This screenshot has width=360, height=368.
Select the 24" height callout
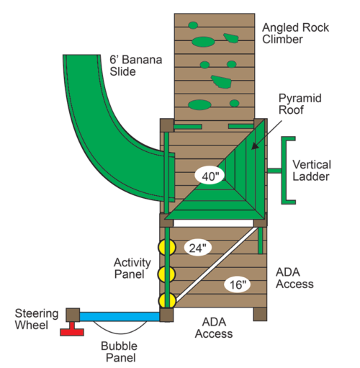pos(197,248)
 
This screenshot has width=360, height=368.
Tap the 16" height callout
pos(237,284)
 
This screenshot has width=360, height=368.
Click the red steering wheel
pos(72,330)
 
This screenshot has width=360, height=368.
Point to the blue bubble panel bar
pos(120,316)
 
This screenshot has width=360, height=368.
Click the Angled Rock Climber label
pos(295,33)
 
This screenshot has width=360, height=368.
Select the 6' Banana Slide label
pos(136,66)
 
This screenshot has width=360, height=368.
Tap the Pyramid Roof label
pos(300,104)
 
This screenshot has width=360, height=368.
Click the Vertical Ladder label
pos(312,171)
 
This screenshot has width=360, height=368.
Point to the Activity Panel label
pos(132,268)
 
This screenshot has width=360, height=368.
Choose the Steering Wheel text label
pos(37,319)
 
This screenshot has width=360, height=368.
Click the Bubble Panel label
pos(120,351)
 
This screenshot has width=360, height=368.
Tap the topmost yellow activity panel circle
pos(166,247)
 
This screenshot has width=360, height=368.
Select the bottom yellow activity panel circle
pos(167,300)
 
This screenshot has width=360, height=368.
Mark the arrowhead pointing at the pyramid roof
pos(254,145)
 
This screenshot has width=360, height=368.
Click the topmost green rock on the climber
pos(193,25)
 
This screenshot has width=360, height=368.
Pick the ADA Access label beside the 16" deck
pos(294,278)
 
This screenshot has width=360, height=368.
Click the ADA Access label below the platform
pos(214,328)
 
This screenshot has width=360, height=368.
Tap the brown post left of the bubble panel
pos(73,315)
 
